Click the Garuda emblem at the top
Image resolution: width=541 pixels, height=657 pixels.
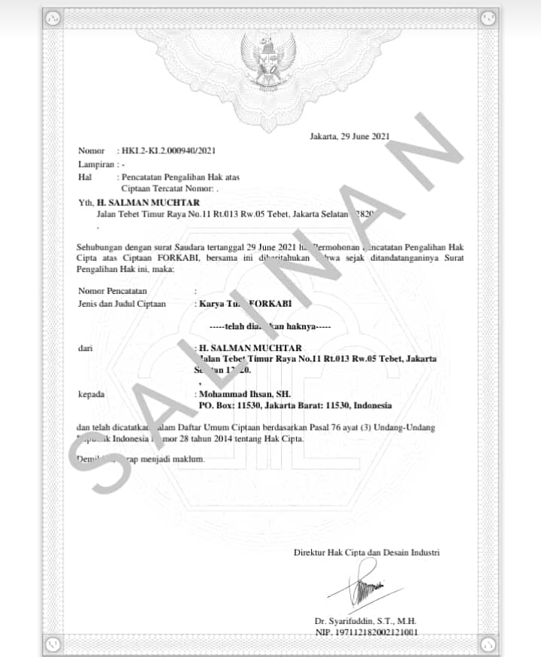point(267,56)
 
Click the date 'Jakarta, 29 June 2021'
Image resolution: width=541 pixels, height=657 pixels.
point(349,136)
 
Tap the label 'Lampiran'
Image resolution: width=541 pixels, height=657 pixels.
point(96,163)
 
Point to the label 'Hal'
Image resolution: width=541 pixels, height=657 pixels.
point(84,177)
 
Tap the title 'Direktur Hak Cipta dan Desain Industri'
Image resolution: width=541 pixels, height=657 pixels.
point(366,553)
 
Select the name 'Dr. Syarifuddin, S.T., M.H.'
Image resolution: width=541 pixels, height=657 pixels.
point(365,621)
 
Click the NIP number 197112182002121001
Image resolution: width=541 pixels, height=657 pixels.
point(366,632)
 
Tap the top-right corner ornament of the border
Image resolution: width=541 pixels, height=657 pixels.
point(488,18)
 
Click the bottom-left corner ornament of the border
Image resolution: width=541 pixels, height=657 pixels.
point(52,643)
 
